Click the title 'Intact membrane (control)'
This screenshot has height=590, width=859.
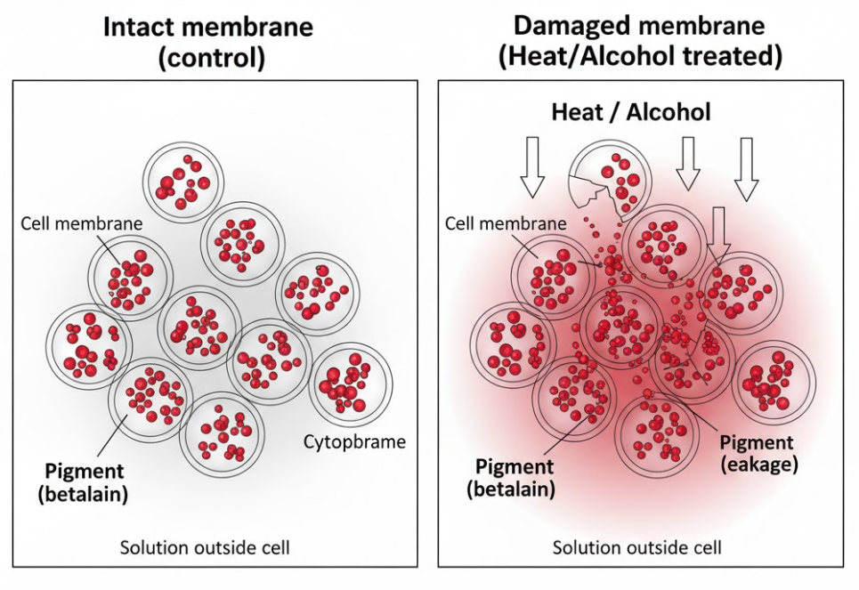point(208,41)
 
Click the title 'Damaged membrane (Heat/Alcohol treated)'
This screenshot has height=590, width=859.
point(640,41)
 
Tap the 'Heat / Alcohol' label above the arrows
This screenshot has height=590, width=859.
point(631,112)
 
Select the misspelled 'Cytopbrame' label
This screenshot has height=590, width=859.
point(354,441)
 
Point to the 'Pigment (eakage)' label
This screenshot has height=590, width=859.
point(758,453)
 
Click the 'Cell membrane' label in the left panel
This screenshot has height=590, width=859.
point(81,222)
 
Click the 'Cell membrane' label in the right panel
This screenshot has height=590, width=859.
point(505,222)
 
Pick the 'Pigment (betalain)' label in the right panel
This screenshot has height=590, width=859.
point(515,478)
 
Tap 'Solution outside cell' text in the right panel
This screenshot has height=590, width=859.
point(636,546)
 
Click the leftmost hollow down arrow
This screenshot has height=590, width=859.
point(532,166)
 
